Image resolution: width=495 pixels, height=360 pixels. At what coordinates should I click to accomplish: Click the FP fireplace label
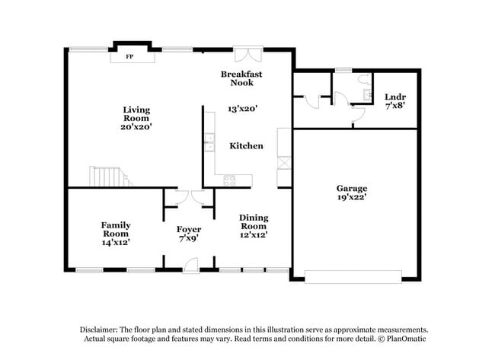129,56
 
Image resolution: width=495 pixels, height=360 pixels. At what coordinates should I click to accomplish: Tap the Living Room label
136,114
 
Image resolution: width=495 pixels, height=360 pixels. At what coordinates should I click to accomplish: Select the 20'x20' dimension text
136,127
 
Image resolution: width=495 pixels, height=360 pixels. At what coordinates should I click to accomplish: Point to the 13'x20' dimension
243,109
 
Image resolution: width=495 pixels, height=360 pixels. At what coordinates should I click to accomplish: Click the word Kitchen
246,145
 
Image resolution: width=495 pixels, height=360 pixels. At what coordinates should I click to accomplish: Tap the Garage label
352,188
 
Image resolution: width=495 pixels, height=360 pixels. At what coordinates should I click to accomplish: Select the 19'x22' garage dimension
352,197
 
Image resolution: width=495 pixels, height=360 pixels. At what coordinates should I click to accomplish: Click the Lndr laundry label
395,97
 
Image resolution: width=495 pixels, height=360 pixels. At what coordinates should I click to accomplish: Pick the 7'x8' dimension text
395,106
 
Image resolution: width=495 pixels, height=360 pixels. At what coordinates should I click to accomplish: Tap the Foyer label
189,229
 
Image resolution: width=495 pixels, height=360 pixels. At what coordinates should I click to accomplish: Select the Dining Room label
254,221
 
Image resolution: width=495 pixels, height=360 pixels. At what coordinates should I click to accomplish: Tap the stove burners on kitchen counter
227,180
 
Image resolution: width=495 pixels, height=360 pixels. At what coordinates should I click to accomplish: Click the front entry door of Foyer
190,265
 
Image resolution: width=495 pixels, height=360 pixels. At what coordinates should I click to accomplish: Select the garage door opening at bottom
353,276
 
